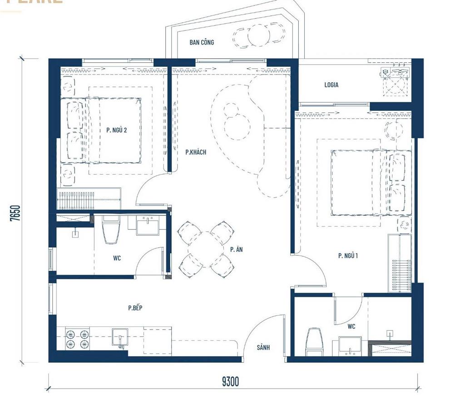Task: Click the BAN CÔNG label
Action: pyautogui.click(x=202, y=42)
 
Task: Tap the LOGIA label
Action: pyautogui.click(x=331, y=85)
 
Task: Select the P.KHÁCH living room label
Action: pyautogui.click(x=196, y=152)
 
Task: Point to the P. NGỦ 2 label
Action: pyautogui.click(x=117, y=130)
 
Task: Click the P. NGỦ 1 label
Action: pyautogui.click(x=348, y=256)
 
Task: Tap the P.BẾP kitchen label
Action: pyautogui.click(x=135, y=308)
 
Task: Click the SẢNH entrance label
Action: pyautogui.click(x=263, y=347)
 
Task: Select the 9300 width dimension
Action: pyautogui.click(x=230, y=381)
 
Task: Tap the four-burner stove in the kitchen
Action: pyautogui.click(x=77, y=339)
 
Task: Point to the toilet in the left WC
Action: pyautogui.click(x=111, y=231)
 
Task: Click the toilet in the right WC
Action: pyautogui.click(x=314, y=342)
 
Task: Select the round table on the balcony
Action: pyautogui.click(x=259, y=34)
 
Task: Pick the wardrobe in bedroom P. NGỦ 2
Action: pyautogui.click(x=89, y=199)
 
